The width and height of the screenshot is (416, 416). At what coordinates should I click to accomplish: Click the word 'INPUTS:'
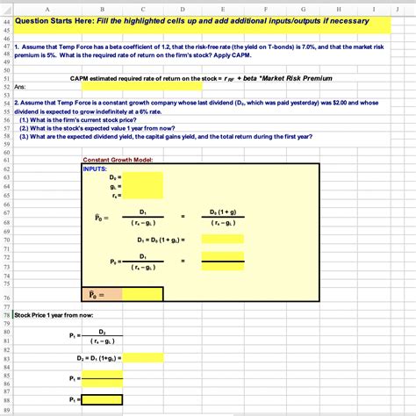[94, 168]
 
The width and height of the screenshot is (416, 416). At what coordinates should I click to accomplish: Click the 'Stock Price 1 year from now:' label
[53, 313]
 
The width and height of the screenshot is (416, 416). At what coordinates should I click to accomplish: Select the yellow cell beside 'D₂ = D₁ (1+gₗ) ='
[144, 358]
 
